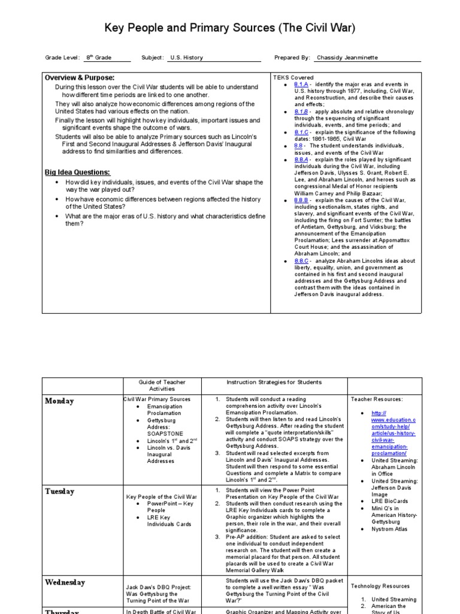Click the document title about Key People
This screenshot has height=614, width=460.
(230, 28)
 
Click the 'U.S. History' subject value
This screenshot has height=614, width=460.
(186, 58)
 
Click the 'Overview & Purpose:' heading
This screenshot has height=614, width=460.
(80, 78)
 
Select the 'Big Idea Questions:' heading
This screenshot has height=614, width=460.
(77, 173)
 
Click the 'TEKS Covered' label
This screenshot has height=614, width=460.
(293, 78)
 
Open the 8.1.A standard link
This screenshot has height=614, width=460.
(301, 85)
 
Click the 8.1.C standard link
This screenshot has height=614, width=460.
(301, 132)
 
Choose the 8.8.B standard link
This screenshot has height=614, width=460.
(301, 200)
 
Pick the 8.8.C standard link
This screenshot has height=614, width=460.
(301, 261)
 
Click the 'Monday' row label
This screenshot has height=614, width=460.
(60, 401)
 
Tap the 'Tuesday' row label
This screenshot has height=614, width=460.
(60, 491)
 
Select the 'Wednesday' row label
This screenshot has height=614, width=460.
(65, 582)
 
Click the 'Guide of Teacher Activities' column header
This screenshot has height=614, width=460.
(162, 385)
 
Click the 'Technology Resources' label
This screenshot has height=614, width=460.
(380, 586)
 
